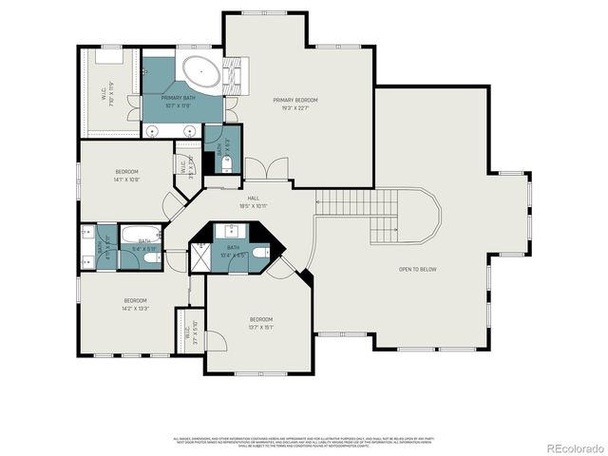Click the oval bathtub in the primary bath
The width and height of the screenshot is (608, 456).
point(200,71)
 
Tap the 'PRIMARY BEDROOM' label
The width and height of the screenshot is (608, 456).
point(294,100)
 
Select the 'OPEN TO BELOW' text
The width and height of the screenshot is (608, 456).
point(418,269)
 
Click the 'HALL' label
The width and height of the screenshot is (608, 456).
point(254,198)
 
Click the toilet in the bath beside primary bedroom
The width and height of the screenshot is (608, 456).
point(225,164)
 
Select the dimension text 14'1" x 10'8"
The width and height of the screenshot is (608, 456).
point(126,179)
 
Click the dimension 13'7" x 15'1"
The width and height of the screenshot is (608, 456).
point(261,326)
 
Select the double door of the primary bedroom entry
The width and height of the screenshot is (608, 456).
point(276,171)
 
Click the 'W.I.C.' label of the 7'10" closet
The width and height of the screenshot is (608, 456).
point(103,95)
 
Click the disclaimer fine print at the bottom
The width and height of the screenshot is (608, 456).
point(304,441)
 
